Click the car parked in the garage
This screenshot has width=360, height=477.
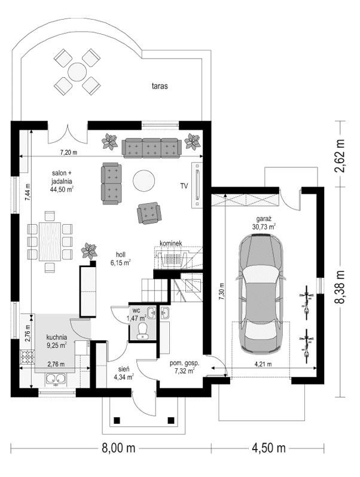coord(260,293)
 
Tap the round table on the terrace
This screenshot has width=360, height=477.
coord(77,72)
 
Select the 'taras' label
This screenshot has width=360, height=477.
coord(159,86)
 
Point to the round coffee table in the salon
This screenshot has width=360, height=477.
coord(144,180)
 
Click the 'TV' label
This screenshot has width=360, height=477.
coord(184,186)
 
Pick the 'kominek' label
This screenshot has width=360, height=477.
coord(170,244)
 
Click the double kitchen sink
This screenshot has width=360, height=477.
coord(57,378)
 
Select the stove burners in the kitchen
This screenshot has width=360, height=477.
coord(28,357)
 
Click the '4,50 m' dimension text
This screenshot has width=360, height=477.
coord(267,448)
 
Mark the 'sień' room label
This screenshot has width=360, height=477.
coord(121,369)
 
